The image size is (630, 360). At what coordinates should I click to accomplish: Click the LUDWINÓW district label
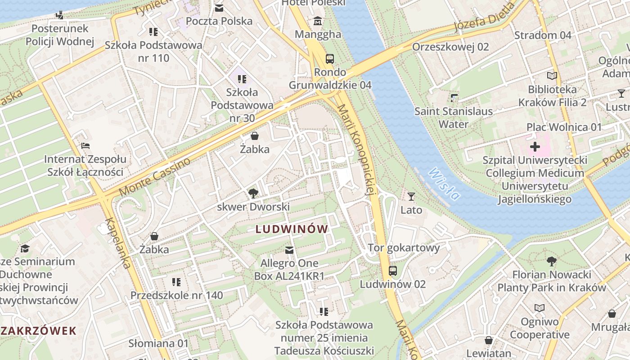pyautogui.click(x=292, y=229)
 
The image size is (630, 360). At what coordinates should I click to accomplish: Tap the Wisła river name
pyautogui.click(x=444, y=184)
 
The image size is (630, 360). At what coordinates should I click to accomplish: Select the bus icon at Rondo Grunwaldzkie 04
pyautogui.click(x=330, y=58)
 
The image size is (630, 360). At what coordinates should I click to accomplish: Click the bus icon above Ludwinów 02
pyautogui.click(x=393, y=270)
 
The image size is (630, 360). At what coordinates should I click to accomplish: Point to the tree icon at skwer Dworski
pyautogui.click(x=253, y=193)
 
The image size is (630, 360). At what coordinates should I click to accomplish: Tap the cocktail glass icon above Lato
pyautogui.click(x=411, y=196)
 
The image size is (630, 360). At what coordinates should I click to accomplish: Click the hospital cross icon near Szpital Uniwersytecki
pyautogui.click(x=535, y=147)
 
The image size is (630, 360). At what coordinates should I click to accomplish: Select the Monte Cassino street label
pyautogui.click(x=155, y=177)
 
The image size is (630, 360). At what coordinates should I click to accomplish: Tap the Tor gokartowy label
pyautogui.click(x=404, y=247)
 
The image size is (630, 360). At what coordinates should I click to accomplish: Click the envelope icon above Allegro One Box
pyautogui.click(x=289, y=250)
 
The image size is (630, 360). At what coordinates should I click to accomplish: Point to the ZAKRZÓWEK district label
pyautogui.click(x=38, y=331)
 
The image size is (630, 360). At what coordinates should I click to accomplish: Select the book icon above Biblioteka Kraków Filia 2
pyautogui.click(x=552, y=76)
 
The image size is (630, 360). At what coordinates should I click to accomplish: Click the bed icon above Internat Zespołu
pyautogui.click(x=85, y=146)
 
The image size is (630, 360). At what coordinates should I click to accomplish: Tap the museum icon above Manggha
pyautogui.click(x=318, y=21)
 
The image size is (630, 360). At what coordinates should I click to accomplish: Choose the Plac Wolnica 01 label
pyautogui.click(x=564, y=127)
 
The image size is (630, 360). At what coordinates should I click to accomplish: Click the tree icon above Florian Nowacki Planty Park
pyautogui.click(x=551, y=261)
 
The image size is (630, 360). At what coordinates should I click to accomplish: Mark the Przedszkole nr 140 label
pyautogui.click(x=176, y=295)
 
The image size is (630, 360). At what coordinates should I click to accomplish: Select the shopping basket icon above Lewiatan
pyautogui.click(x=488, y=340)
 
